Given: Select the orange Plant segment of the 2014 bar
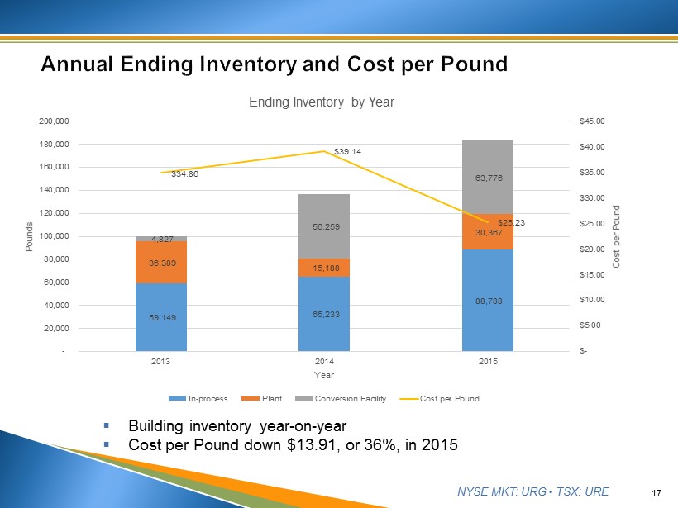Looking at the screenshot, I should point(325,267).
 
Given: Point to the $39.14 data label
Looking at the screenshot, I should point(347,152).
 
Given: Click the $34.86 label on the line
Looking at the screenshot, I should point(184,174).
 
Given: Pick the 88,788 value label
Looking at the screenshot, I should point(488,301).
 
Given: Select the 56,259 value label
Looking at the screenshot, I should point(325,226).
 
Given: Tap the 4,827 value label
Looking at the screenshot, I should point(161,239).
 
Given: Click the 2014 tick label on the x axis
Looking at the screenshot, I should point(324,362).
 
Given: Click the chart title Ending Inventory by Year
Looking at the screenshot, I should point(322,102).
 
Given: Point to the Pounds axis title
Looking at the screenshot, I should point(30,236).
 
